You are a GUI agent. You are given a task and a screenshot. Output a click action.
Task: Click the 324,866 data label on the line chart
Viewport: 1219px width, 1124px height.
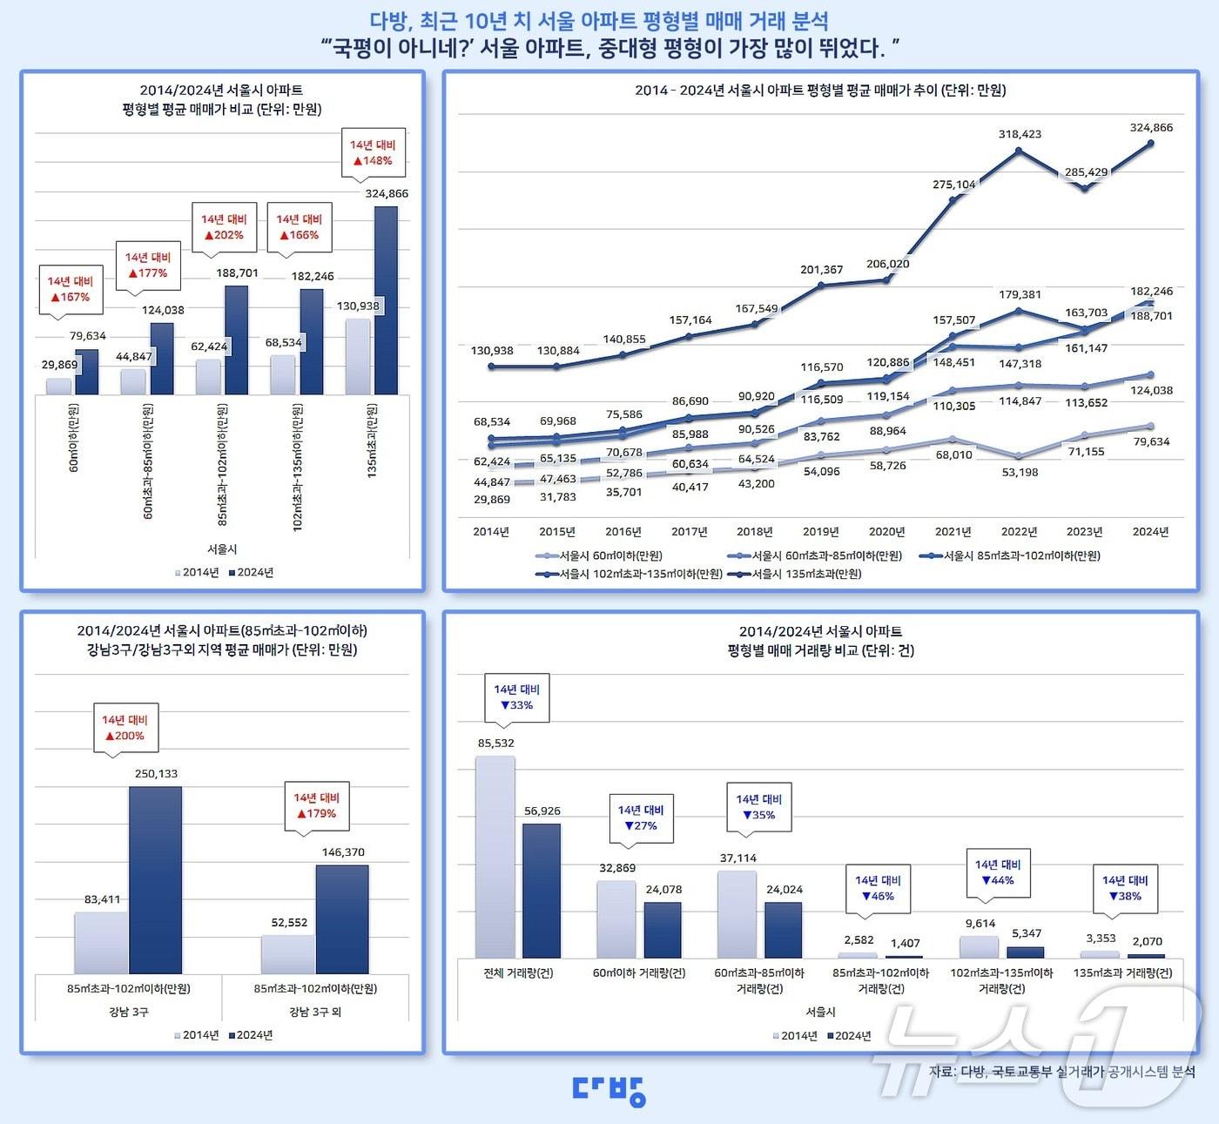tap(1151, 127)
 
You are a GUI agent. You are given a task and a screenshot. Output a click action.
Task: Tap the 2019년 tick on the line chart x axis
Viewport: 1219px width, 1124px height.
tap(820, 531)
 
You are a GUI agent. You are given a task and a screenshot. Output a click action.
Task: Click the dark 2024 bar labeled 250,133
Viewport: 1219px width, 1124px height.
tap(156, 879)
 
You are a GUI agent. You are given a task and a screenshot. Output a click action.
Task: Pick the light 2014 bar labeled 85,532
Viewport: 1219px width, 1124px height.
tap(495, 857)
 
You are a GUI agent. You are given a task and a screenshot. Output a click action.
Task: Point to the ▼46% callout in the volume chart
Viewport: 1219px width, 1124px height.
tap(878, 889)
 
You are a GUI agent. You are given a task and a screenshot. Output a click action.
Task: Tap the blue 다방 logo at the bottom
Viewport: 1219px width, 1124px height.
tap(609, 1089)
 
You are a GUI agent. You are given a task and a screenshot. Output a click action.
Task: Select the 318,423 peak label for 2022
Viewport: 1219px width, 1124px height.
tap(1020, 134)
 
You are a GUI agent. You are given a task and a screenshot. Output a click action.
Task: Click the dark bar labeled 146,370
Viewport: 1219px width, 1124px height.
tap(342, 919)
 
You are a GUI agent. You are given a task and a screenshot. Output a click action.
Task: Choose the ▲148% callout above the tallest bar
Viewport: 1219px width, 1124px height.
tap(373, 153)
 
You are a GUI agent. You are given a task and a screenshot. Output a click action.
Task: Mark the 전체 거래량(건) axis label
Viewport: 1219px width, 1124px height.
tap(518, 973)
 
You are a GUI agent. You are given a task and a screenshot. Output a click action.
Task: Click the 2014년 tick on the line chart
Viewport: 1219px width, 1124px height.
tap(491, 531)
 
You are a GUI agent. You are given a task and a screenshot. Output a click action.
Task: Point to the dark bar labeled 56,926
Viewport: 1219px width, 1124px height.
tap(542, 891)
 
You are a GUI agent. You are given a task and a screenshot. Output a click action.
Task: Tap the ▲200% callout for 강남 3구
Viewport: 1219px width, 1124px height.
tap(125, 728)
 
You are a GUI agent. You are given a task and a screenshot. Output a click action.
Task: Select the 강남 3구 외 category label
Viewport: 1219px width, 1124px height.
tap(315, 1012)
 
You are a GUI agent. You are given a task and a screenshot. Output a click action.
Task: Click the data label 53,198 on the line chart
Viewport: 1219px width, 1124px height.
tap(1020, 472)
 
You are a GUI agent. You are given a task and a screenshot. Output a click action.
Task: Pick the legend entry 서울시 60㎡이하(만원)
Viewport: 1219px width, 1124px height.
tap(601, 555)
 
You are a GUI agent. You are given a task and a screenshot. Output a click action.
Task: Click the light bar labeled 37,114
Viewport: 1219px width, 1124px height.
tap(737, 914)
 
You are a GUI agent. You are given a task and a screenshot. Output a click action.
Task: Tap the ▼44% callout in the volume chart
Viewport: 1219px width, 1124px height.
tap(998, 873)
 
